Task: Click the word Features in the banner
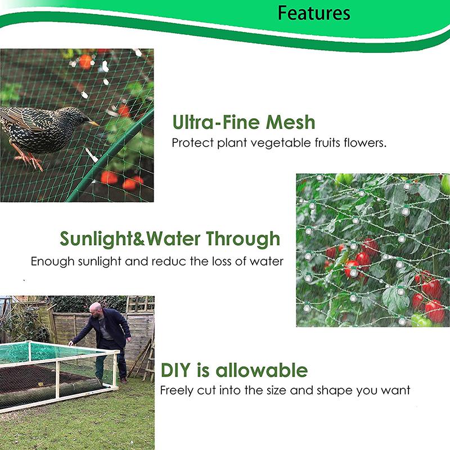pos(314,13)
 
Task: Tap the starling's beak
pos(93,123)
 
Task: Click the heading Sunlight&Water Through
pos(169,238)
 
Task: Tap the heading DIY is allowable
pos(234,370)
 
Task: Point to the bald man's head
pos(97,308)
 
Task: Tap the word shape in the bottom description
pos(334,390)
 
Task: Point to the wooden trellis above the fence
pos(139,304)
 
